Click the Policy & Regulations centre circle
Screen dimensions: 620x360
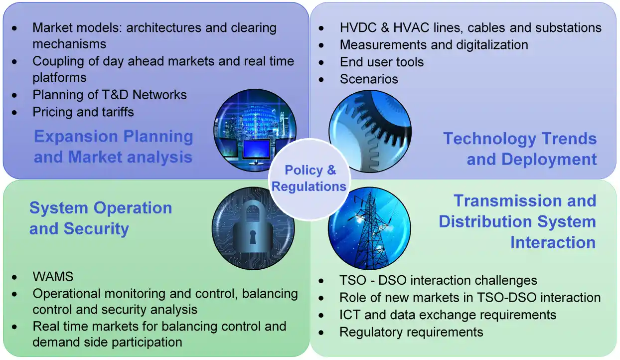click(x=309, y=179)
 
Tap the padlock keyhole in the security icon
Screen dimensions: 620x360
click(x=252, y=237)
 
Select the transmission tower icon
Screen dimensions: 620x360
click(x=369, y=228)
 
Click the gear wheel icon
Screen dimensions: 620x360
click(x=370, y=131)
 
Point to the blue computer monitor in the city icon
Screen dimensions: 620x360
click(x=256, y=149)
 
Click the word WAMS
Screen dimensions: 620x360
click(x=53, y=276)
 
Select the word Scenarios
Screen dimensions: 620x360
click(x=369, y=79)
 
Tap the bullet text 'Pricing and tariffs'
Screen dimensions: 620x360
click(x=83, y=112)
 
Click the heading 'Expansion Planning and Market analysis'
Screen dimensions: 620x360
click(x=113, y=147)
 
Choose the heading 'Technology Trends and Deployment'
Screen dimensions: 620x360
click(x=520, y=149)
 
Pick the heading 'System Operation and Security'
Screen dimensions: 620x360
click(x=101, y=218)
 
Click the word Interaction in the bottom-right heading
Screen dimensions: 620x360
click(x=553, y=242)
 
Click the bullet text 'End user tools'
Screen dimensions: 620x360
click(x=382, y=62)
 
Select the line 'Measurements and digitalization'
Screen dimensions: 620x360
click(x=434, y=45)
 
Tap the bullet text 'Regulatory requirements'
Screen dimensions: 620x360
click(x=411, y=332)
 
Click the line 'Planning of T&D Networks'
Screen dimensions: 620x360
click(x=110, y=95)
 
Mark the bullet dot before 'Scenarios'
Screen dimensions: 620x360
click(x=321, y=80)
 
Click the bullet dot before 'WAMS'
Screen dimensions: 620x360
click(x=14, y=277)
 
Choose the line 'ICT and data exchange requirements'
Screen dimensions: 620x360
click(x=448, y=315)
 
